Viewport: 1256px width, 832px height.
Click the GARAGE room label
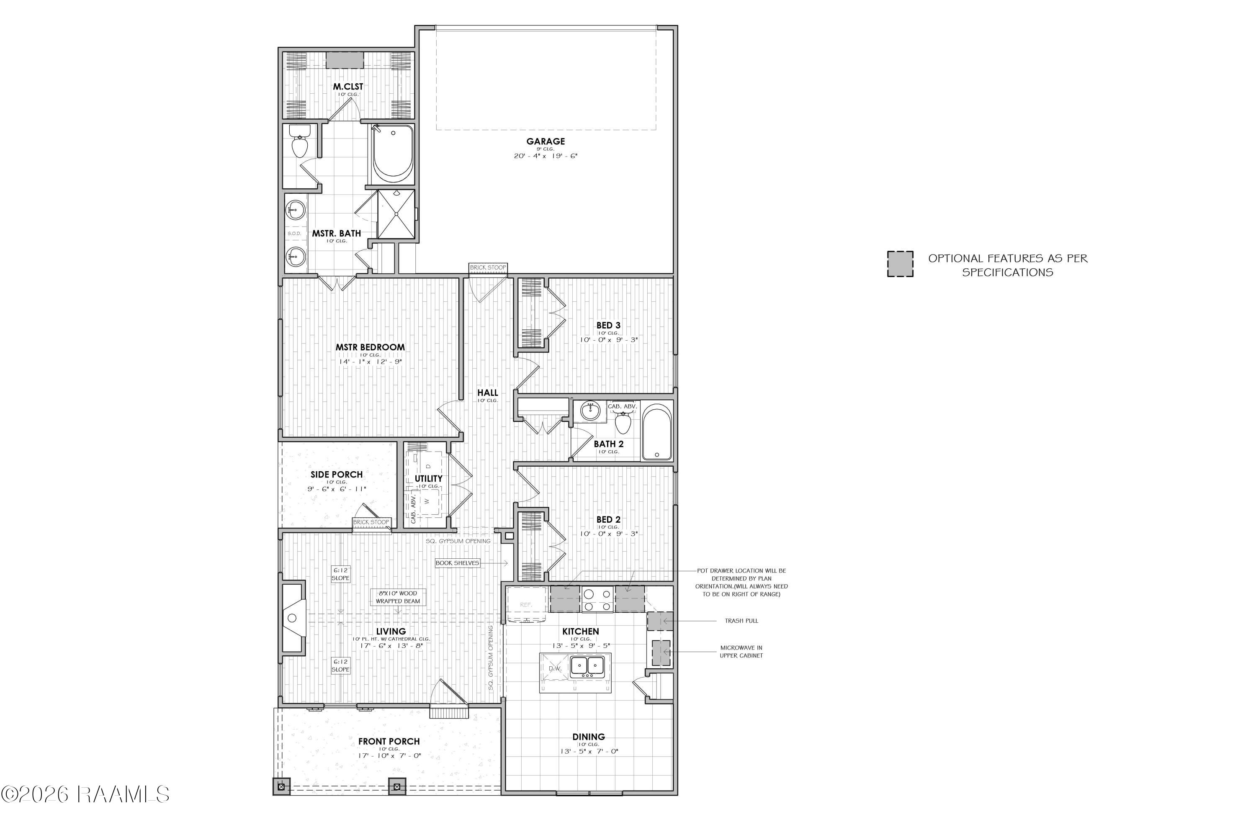tap(545, 141)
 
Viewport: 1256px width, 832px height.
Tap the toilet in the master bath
tap(300, 142)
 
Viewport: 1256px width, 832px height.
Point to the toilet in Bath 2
tap(623, 421)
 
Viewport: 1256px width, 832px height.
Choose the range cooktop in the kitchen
tap(597, 600)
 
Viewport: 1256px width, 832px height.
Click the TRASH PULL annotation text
tap(741, 620)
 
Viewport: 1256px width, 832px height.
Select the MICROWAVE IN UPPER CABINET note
tap(741, 652)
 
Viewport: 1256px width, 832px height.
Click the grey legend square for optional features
tap(900, 264)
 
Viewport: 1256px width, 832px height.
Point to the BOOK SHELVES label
tap(457, 563)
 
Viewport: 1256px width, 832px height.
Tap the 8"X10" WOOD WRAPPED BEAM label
tap(398, 597)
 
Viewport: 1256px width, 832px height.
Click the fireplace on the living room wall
tap(293, 618)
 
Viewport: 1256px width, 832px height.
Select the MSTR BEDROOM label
tap(370, 347)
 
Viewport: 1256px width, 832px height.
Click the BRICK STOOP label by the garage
tap(488, 267)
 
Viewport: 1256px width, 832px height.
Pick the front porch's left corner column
tap(281, 786)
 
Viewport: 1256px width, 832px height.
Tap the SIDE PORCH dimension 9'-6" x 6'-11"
tap(337, 489)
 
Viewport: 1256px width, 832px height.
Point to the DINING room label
tap(588, 737)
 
